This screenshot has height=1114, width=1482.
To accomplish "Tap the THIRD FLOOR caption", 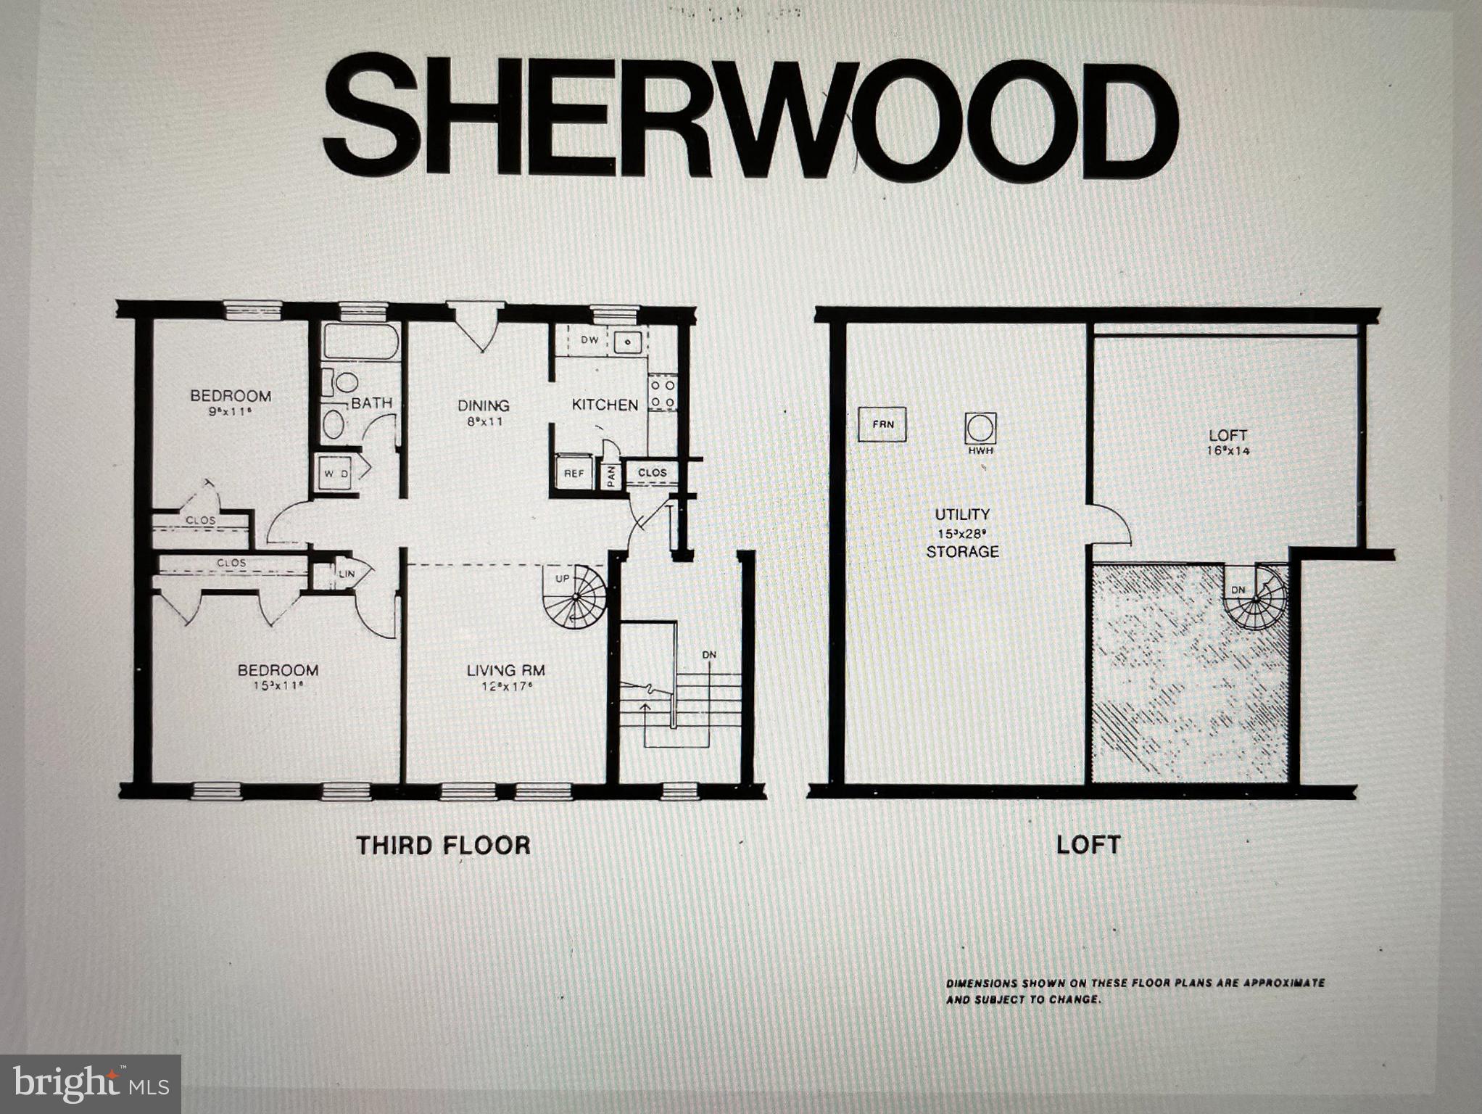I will [x=443, y=846].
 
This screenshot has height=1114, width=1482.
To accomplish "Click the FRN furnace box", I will [x=882, y=424].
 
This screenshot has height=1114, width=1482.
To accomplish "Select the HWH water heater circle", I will [x=980, y=429].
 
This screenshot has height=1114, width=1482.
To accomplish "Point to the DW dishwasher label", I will [x=589, y=339].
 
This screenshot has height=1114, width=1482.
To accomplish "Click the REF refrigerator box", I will [x=574, y=474].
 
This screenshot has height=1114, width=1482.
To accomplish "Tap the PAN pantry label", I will [x=611, y=476].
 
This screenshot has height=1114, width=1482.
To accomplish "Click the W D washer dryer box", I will [x=336, y=474].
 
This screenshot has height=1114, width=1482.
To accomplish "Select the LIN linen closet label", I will [x=347, y=574].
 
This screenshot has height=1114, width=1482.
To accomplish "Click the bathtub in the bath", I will [x=360, y=342].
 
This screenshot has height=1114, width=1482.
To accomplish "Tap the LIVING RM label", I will [x=505, y=671].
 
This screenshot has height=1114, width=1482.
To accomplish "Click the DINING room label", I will [x=483, y=405].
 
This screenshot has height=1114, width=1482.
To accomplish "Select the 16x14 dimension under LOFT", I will [x=1228, y=451].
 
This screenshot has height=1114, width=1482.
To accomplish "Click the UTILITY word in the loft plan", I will [x=961, y=514].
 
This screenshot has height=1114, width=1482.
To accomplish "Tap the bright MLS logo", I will [x=91, y=1084].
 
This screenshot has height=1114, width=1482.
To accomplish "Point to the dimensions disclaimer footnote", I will [x=1135, y=991].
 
